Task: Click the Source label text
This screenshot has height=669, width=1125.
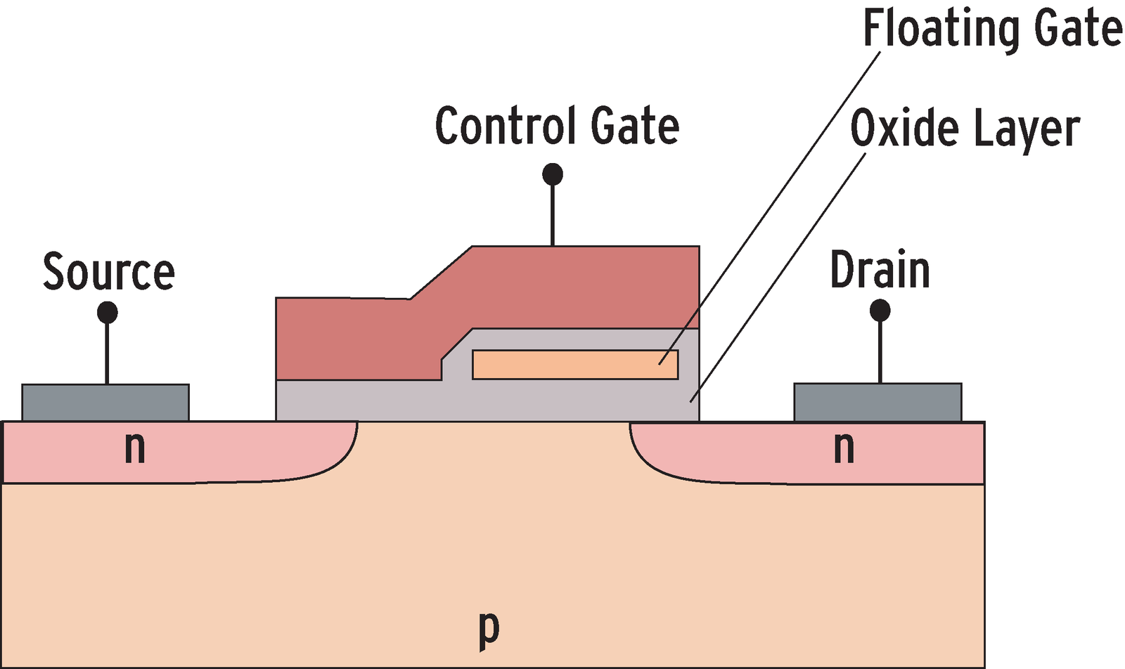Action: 108,272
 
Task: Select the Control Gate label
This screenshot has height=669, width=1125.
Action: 557,126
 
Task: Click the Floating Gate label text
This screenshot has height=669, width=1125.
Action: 992,29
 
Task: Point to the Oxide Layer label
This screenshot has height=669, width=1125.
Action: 965,129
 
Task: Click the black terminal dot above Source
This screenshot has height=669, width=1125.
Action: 107,312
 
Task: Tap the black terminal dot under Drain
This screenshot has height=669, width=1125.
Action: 880,310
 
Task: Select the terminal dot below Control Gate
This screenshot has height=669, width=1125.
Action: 553,174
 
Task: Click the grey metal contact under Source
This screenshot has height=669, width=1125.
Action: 105,402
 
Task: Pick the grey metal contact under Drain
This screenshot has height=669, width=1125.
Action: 877,402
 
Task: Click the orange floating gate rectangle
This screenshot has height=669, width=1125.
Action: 574,365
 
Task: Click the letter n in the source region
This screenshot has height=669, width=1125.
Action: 134,447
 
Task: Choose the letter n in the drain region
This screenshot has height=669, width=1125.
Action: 844,447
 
